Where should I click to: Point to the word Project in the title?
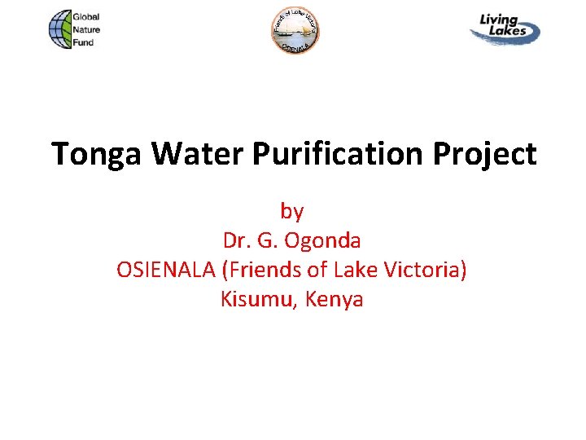tap(486, 154)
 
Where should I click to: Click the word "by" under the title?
tap(292, 211)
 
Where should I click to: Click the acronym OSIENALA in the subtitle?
tap(167, 270)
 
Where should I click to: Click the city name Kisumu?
tap(258, 299)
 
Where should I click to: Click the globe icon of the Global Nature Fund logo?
tap(59, 30)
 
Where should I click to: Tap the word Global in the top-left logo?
tap(86, 17)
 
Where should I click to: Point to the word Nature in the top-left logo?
tap(86, 29)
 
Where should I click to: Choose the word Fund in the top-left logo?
tap(83, 42)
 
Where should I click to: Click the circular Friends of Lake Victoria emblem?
tap(295, 31)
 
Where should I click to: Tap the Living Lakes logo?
tap(505, 28)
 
